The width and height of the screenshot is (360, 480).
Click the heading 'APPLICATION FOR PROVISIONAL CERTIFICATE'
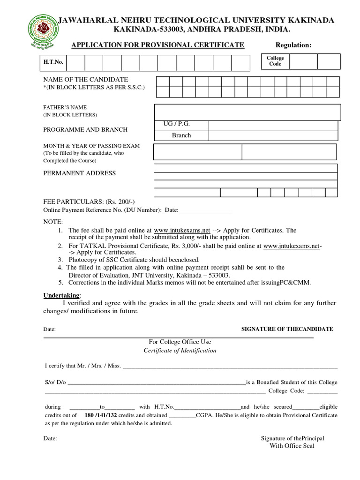[157, 45]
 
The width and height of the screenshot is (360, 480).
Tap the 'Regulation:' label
[293, 45]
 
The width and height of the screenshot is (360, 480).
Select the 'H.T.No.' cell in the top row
[53, 62]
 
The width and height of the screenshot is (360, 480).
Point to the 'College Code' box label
[275, 61]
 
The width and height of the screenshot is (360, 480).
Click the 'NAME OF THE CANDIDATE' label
[85, 80]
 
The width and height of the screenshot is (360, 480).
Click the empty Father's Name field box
[247, 112]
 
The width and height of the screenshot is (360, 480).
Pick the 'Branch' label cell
[181, 135]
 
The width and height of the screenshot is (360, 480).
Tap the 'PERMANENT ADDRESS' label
[79, 173]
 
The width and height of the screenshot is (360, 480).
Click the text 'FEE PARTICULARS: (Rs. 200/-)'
[82, 202]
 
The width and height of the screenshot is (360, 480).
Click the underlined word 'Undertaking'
[61, 296]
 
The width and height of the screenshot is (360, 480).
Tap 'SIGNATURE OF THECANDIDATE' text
[287, 329]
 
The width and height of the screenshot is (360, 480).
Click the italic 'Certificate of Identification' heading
[180, 351]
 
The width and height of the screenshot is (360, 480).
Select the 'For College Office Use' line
[180, 342]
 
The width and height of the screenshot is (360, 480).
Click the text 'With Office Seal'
[292, 446]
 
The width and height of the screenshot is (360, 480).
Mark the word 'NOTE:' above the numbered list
[53, 222]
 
